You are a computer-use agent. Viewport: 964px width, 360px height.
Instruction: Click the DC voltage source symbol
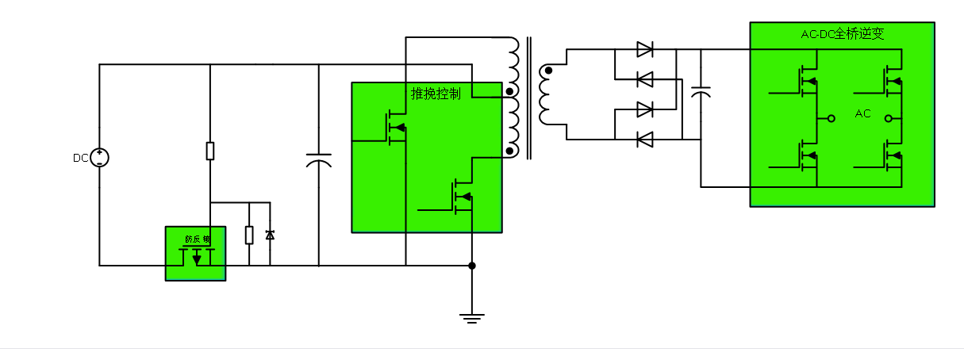(100, 158)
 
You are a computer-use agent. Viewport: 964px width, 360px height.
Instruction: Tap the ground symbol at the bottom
(472, 318)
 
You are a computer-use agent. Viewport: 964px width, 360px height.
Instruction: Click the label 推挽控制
(436, 94)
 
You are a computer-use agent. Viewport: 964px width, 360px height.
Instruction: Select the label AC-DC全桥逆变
(842, 34)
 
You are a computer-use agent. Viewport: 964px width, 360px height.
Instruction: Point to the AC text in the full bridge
(863, 114)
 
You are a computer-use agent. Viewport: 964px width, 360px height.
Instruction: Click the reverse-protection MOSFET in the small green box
(197, 255)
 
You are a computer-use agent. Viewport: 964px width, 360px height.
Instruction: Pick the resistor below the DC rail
(210, 151)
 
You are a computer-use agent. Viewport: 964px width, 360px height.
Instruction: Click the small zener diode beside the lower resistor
(270, 235)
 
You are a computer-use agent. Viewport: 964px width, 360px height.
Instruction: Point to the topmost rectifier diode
(645, 49)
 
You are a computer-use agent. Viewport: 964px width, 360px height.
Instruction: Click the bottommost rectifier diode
(645, 140)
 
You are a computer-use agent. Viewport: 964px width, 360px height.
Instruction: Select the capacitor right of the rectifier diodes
(701, 92)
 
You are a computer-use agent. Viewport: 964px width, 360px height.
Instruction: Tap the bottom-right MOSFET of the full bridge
(893, 154)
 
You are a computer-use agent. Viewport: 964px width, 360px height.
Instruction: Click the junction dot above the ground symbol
(472, 266)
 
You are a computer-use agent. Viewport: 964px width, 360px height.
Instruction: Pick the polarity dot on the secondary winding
(547, 71)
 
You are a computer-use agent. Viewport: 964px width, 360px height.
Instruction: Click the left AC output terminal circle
(831, 119)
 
